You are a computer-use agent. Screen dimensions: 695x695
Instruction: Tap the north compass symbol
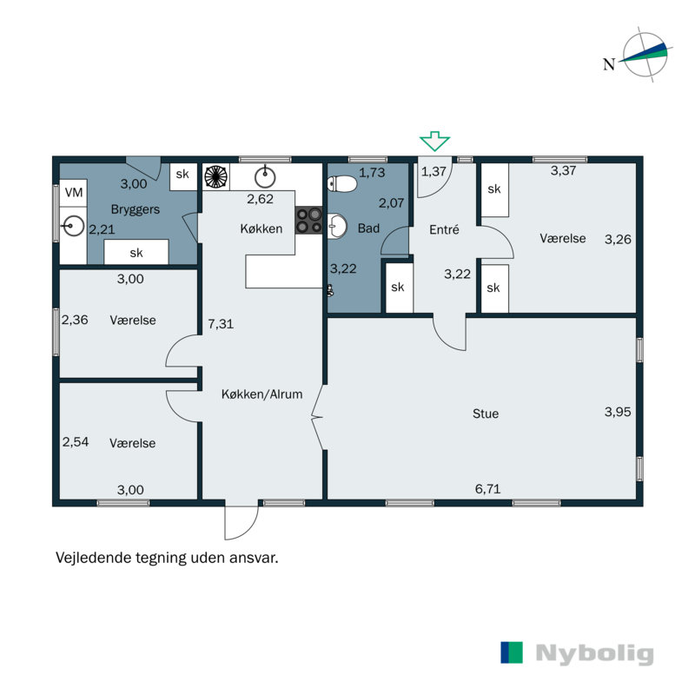pos(645,56)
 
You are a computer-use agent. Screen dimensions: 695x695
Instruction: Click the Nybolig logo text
pos(593,653)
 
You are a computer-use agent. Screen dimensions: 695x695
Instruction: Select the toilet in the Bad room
pos(343,184)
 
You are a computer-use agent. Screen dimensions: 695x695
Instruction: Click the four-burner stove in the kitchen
pos(308,220)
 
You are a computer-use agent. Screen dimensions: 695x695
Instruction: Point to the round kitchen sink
pos(265,178)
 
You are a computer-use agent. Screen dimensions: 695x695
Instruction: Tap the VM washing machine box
pos(74,191)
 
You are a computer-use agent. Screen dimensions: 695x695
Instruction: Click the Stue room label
pos(485,414)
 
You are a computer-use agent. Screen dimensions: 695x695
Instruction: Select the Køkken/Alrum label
pos(261,394)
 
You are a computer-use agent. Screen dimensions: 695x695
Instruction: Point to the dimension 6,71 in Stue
pos(488,490)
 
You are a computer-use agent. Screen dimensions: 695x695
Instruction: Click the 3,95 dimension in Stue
pos(619,413)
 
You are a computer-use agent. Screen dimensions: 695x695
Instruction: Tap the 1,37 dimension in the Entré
pos(434,171)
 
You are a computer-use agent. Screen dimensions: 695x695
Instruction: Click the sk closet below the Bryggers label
pos(136,253)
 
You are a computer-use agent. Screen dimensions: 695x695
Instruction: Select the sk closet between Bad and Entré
pos(397,288)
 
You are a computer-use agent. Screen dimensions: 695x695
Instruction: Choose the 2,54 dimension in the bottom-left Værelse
pos(76,442)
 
